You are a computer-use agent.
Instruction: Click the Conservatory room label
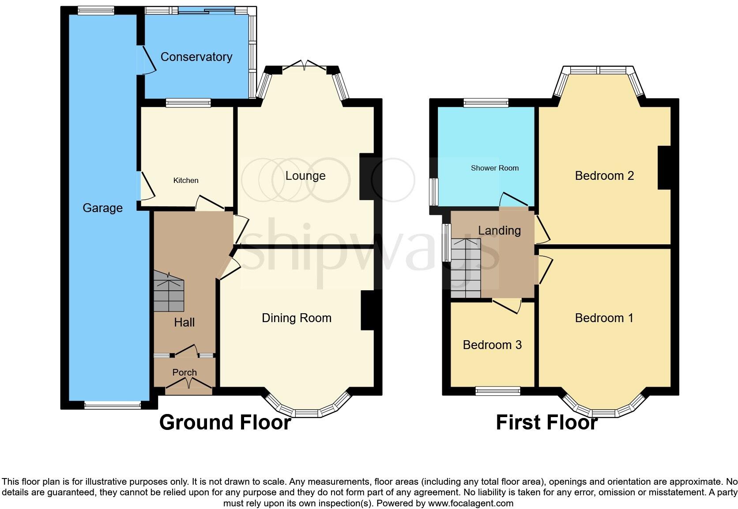[196, 57]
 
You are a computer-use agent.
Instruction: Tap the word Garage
[102, 208]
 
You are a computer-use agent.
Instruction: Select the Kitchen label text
[186, 180]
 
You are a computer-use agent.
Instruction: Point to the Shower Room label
[494, 168]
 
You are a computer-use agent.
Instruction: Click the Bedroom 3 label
[492, 345]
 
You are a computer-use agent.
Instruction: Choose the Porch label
[184, 372]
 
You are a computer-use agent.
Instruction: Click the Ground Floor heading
[225, 422]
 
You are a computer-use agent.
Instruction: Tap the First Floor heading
[546, 422]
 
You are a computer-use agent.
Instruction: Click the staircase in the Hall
[169, 292]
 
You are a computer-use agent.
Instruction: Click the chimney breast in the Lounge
[367, 176]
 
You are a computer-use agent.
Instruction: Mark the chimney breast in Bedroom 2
[664, 167]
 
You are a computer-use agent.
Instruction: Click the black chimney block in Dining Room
[368, 310]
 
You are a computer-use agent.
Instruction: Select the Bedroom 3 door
[507, 305]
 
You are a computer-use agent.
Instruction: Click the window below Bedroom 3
[498, 391]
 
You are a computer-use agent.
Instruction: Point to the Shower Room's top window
[486, 103]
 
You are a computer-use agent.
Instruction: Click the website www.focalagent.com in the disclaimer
[471, 503]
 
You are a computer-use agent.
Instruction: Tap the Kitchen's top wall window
[188, 103]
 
